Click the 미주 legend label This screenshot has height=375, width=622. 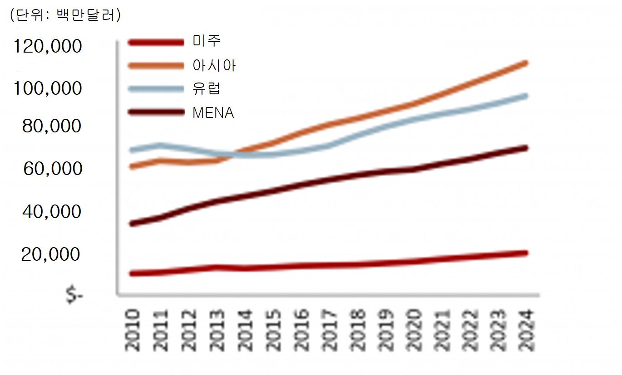coord(207,41)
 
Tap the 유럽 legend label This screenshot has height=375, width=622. coord(207,88)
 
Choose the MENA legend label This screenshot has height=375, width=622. coord(213,112)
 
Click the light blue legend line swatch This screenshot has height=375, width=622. coord(157,88)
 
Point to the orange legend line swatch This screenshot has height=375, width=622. coord(157,65)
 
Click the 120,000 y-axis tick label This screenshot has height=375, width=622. coord(48,46)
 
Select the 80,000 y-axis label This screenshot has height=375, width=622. coord(52,126)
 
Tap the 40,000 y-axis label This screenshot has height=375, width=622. coord(52,212)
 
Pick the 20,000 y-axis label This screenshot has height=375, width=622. coord(51,255)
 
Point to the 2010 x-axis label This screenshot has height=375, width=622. coord(133,330)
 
